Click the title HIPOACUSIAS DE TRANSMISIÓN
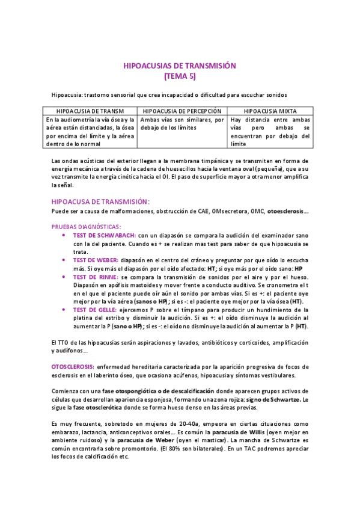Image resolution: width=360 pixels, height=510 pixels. [180, 66]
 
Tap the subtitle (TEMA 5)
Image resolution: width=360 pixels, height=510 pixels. [180, 76]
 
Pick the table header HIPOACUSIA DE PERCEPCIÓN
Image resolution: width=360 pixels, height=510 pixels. [183, 111]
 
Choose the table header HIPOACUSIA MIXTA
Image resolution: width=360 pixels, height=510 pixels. [270, 111]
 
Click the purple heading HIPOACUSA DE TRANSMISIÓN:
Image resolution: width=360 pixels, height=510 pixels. [100, 201]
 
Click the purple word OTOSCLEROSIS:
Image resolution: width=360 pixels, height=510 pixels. [72, 366]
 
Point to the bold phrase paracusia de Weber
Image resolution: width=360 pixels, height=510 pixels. [142, 440]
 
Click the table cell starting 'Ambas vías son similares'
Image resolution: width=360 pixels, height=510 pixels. [183, 124]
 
